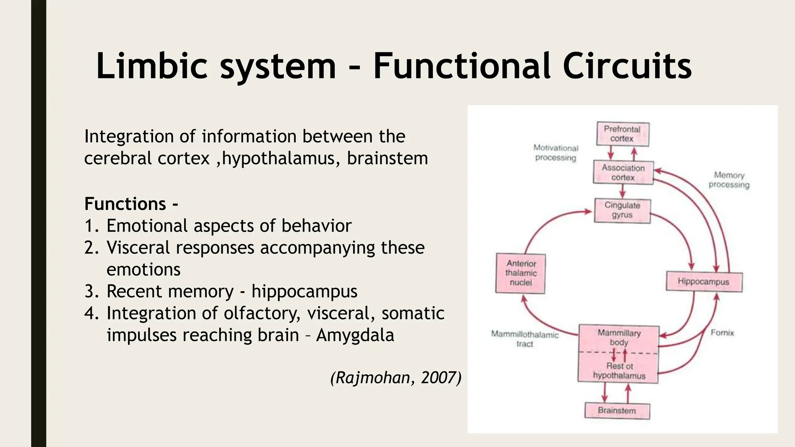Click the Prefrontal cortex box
coord(622,134)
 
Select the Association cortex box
coord(623,173)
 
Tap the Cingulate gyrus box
coord(622,210)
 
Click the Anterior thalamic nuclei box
coord(521,273)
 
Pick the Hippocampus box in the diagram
coord(703,282)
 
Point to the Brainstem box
coord(617,411)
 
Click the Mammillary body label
coord(619,338)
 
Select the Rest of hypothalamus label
coord(619,371)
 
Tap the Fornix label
coord(722,333)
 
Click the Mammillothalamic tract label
coord(525,339)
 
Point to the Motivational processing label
coord(555,153)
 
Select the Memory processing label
coord(729,180)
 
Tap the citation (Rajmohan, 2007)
coord(396,378)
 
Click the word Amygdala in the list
coord(355,335)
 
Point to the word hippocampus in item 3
coord(304,291)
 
